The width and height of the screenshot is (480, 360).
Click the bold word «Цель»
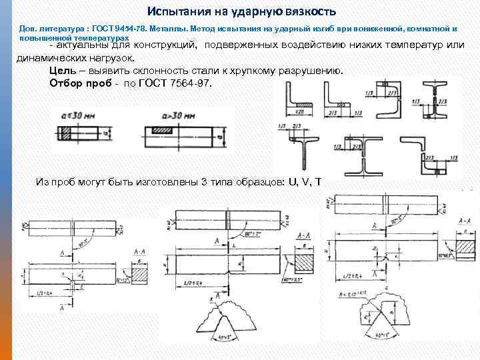click(x=63, y=71)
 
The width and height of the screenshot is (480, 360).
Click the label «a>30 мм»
click(x=177, y=114)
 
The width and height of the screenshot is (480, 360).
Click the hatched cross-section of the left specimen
click(x=141, y=273)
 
